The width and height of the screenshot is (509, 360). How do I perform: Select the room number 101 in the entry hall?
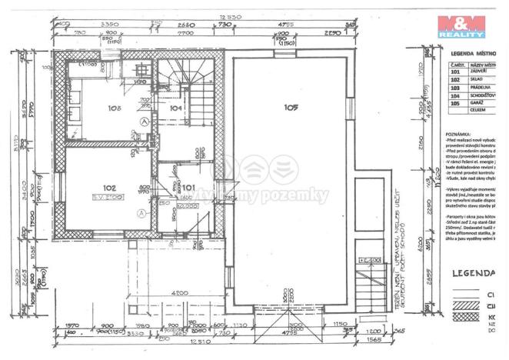[188, 186]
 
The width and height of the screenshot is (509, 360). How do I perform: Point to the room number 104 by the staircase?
[176, 108]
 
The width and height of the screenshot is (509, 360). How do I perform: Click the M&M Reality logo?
[461, 28]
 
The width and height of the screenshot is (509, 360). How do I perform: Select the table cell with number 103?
[455, 86]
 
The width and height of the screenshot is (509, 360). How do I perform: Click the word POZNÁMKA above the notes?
[459, 132]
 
